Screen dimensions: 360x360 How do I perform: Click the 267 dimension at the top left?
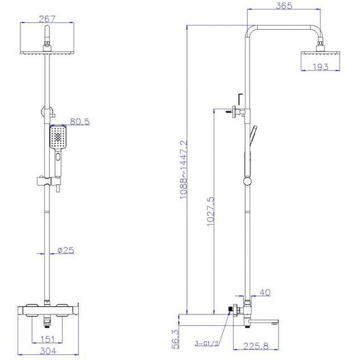tap(47, 19)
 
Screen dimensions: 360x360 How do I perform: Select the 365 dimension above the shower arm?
tap(284, 6)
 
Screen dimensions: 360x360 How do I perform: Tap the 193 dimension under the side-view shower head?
tap(320, 67)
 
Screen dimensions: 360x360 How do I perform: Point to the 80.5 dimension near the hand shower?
tap(80, 121)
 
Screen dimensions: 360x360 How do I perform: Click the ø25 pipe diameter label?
tap(66, 250)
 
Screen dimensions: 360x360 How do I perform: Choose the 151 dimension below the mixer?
tap(47, 339)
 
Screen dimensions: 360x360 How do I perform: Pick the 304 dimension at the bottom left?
tap(48, 351)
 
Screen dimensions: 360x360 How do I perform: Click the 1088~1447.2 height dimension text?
tap(184, 169)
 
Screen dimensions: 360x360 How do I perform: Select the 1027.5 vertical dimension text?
tap(210, 211)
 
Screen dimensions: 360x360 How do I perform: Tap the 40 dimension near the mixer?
tap(265, 292)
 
